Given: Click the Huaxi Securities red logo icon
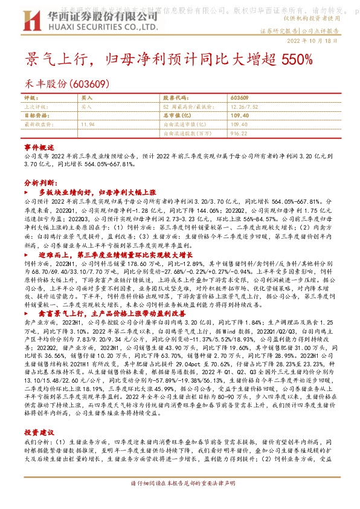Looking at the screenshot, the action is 36,20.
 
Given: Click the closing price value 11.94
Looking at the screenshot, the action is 88,123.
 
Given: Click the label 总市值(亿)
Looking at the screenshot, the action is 177,114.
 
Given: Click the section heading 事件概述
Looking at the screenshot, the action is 39,148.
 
